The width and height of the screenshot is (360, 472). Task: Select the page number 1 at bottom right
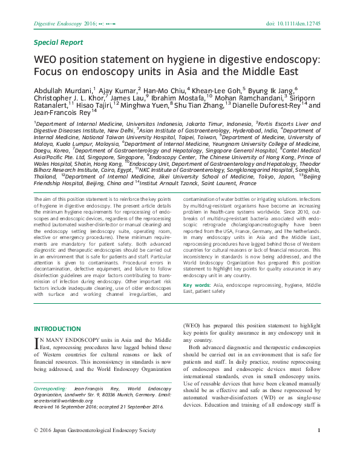[x=318, y=447]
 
